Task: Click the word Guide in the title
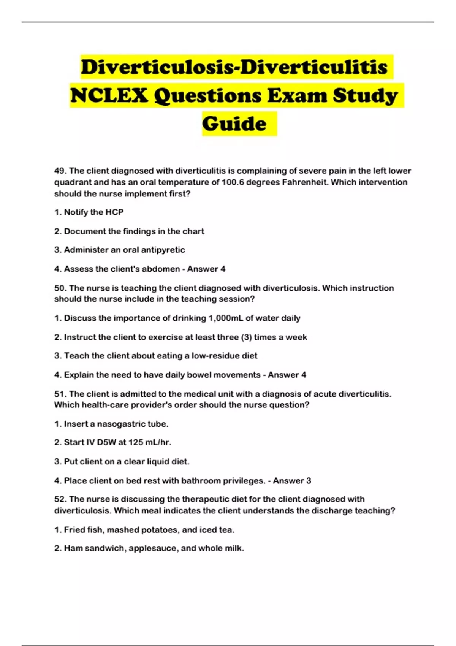[x=234, y=124]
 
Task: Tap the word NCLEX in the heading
[x=109, y=95]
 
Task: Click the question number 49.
[x=60, y=171]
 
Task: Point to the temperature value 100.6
[x=232, y=182]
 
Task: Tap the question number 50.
[x=60, y=288]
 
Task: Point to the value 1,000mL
[x=226, y=318]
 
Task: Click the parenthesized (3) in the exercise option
[x=246, y=337]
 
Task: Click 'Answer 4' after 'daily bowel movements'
[x=287, y=375]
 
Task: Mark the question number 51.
[x=60, y=394]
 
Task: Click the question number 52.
[x=60, y=499]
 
